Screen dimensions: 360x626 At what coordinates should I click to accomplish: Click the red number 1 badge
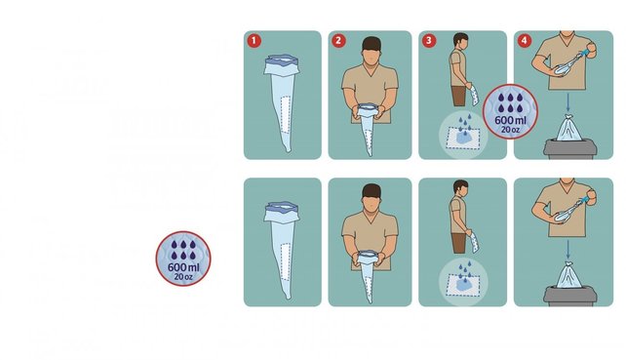point(254,41)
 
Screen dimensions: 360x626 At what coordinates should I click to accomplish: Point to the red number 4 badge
point(524,41)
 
